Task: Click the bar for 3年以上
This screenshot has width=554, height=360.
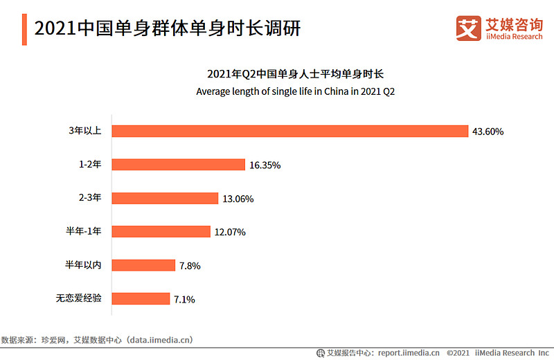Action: coord(290,131)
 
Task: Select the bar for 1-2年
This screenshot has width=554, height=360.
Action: coord(179,165)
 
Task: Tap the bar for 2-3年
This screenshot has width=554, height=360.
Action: coord(165,198)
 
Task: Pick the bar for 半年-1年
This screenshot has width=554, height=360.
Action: coord(161,232)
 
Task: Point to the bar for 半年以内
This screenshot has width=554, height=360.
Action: coord(143,265)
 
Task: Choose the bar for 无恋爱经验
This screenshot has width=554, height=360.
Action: coord(141,299)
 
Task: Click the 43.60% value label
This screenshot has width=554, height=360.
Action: coord(488,132)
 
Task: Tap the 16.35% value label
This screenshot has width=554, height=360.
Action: coord(265,165)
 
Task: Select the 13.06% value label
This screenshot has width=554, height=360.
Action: coord(238,199)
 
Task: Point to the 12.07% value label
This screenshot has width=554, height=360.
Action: coord(230,232)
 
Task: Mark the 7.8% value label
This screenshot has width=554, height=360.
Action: coord(190,266)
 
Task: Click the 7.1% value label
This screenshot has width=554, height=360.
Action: coord(184,300)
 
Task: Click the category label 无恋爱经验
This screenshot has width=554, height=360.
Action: coord(79,298)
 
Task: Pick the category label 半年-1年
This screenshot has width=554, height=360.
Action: coord(84,231)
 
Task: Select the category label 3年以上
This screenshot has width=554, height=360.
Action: coord(85,130)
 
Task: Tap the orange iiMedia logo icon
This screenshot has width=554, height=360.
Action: coord(469,28)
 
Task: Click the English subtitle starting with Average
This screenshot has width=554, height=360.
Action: coord(296,91)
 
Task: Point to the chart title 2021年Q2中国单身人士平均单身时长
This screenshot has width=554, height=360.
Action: coord(296,74)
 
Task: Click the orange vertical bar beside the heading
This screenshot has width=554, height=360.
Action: coord(24,30)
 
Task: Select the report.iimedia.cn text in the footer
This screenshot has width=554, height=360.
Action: coord(409,353)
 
